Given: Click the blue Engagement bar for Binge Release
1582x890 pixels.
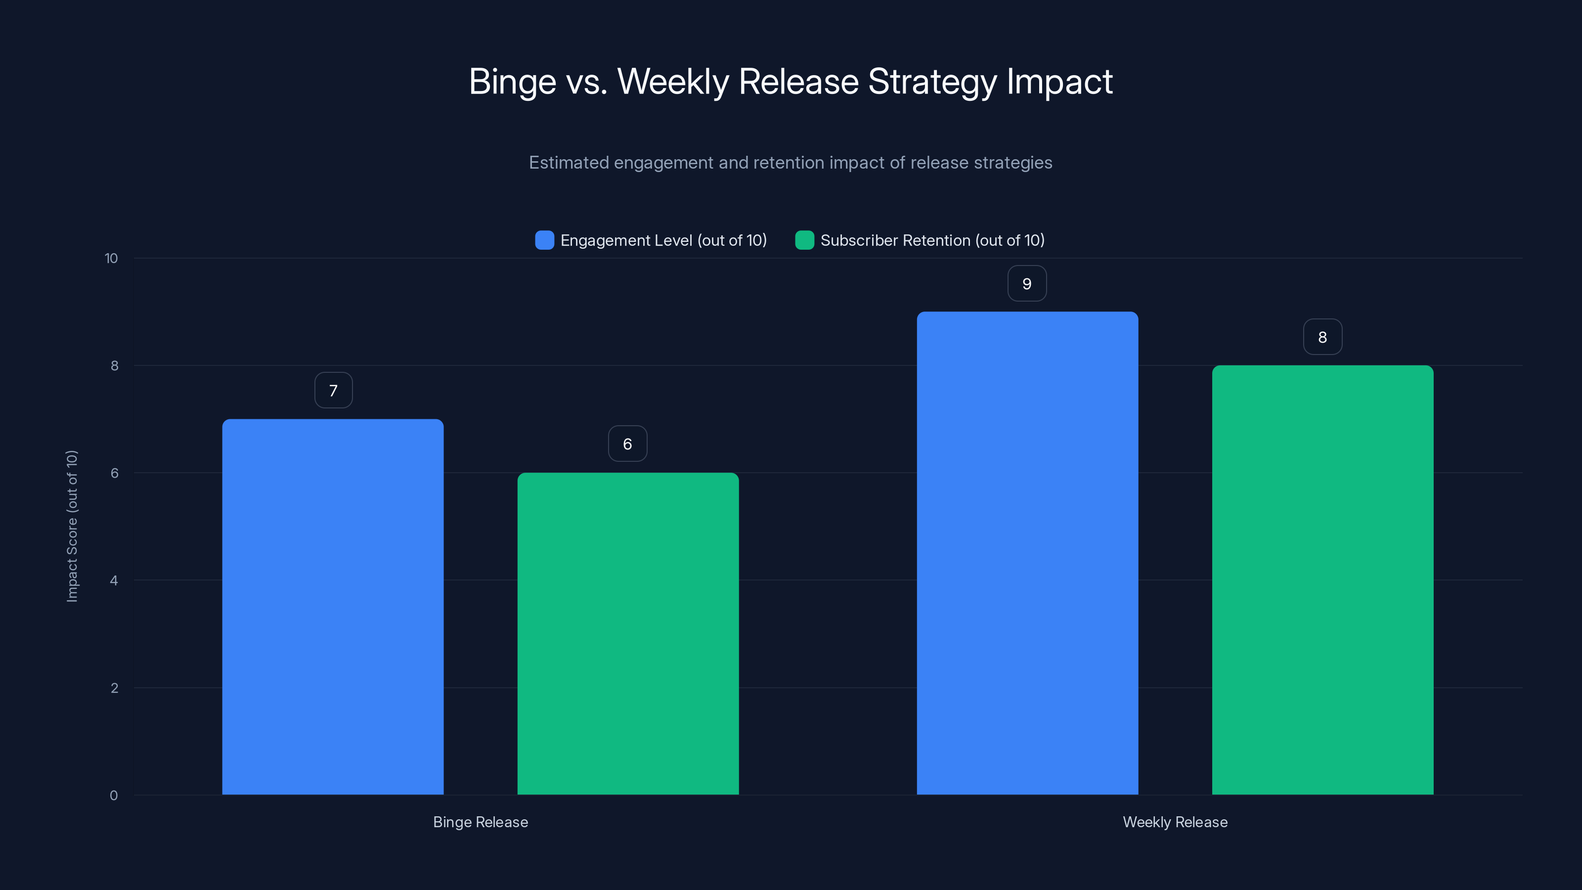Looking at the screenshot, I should coord(333,607).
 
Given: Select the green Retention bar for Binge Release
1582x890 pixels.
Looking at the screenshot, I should coord(628,633).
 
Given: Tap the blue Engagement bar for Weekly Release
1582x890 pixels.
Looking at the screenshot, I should coord(1027,553).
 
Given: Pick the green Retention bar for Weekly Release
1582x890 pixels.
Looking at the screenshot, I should coord(1322,580).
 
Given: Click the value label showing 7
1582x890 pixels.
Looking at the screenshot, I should coord(334,391).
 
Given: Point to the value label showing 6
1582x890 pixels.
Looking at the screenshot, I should coord(627,444).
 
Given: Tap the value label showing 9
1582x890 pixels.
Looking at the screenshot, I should coord(1027,284).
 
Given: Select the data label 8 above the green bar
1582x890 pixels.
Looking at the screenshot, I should coord(1322,337).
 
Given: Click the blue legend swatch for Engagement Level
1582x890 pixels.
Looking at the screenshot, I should coord(544,240).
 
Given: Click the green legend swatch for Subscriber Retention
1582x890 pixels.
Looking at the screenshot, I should coord(804,240).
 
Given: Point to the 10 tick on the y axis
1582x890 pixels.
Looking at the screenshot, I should coord(111,259).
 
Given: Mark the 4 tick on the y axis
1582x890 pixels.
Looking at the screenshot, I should coord(114,580).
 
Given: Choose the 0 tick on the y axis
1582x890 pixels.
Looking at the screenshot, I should coord(114,796).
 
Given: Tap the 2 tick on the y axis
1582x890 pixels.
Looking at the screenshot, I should coord(114,688).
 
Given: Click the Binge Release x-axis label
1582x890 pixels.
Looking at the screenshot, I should coord(480,822).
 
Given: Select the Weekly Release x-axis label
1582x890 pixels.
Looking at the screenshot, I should coord(1175,822).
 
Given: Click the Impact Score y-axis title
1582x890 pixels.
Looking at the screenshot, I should coord(72,527).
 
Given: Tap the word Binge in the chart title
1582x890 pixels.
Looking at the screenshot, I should coord(512,82).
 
